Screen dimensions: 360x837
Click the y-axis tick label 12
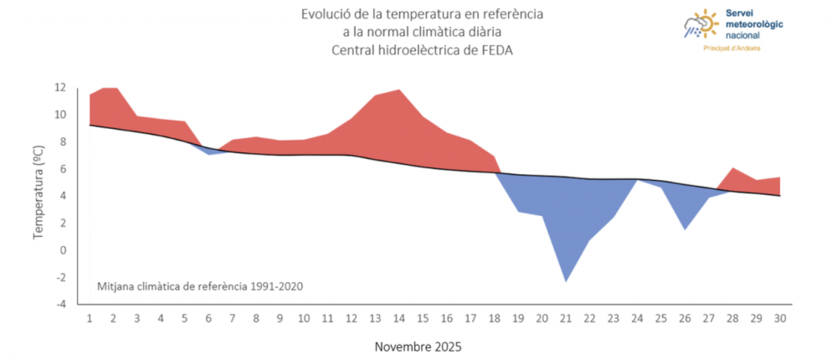coord(59,87)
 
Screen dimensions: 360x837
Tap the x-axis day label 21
coord(565,318)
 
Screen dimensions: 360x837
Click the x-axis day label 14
coord(398,318)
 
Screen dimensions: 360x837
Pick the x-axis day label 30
coord(779,318)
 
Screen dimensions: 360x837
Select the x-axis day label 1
coord(90,318)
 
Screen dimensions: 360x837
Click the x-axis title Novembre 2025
coord(418,346)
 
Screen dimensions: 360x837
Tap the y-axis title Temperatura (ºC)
coord(39,196)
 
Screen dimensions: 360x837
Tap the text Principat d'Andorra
coord(731,49)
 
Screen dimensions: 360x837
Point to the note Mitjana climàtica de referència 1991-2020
coord(200,286)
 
